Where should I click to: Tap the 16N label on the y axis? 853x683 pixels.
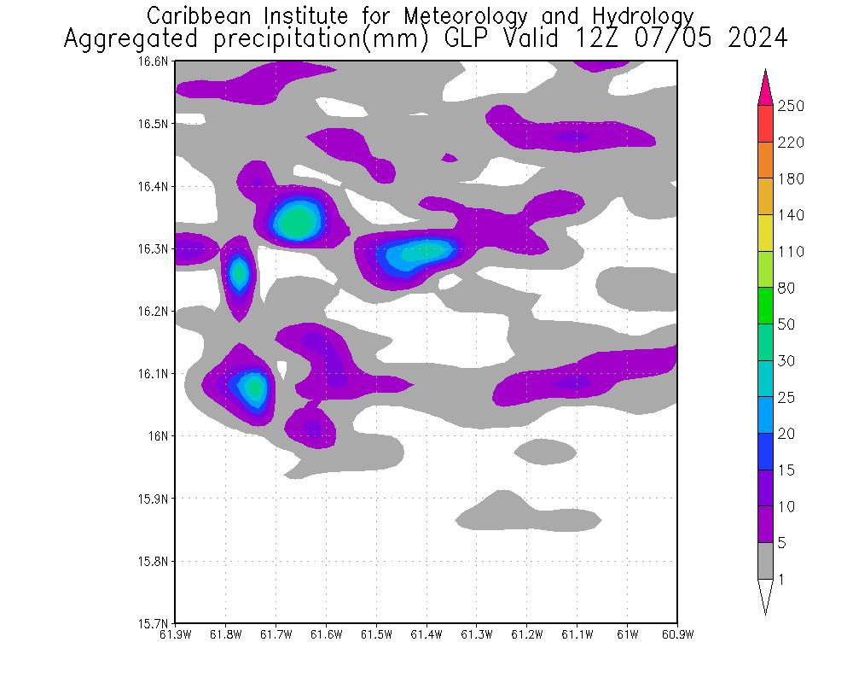160,435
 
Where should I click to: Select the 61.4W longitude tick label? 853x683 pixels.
426,634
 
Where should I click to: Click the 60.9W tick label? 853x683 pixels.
676,634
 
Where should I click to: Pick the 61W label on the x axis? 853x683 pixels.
627,634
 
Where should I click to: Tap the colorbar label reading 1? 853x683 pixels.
781,580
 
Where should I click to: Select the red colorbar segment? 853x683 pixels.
765,124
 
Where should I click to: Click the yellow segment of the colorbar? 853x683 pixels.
765,233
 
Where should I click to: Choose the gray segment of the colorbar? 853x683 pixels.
765,561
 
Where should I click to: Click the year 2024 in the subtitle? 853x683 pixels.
757,39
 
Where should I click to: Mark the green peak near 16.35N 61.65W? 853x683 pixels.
296,222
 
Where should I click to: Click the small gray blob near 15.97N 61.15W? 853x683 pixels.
546,450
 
